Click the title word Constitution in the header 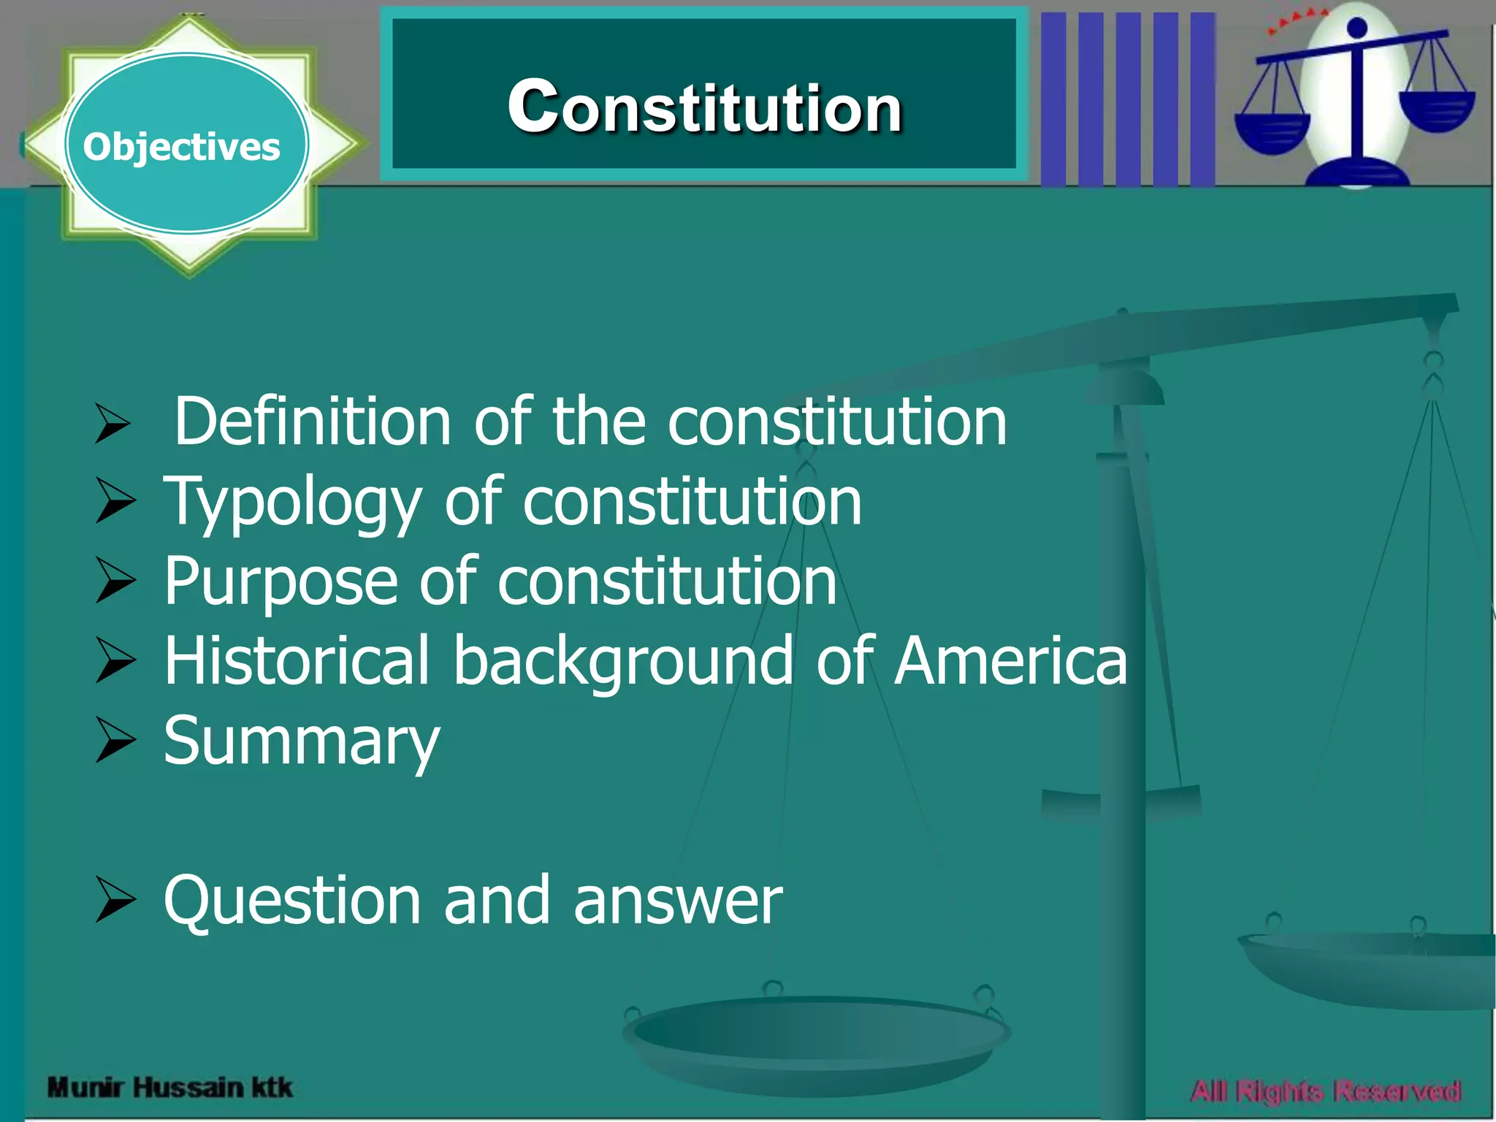705,107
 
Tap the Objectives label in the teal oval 181,147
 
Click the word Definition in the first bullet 313,421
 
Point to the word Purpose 280,581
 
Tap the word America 1011,661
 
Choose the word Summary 302,742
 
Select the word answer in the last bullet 678,901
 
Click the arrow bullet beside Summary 115,741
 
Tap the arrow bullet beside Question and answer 115,900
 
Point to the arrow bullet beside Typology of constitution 115,502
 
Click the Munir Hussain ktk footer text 169,1088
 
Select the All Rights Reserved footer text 1326,1091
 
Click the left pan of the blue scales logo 1272,131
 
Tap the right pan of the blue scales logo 1437,110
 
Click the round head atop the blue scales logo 1356,28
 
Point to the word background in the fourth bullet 623,661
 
